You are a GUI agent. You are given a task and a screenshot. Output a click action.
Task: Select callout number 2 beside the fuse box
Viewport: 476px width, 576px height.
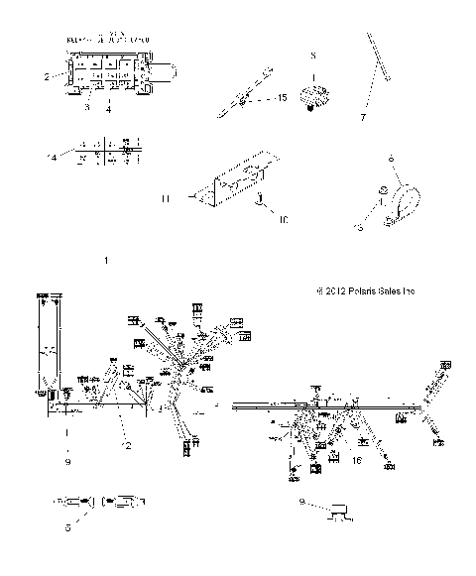46,75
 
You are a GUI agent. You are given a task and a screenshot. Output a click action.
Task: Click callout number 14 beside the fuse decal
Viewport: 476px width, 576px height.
51,156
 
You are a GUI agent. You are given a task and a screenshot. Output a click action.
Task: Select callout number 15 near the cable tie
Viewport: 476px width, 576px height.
282,99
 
